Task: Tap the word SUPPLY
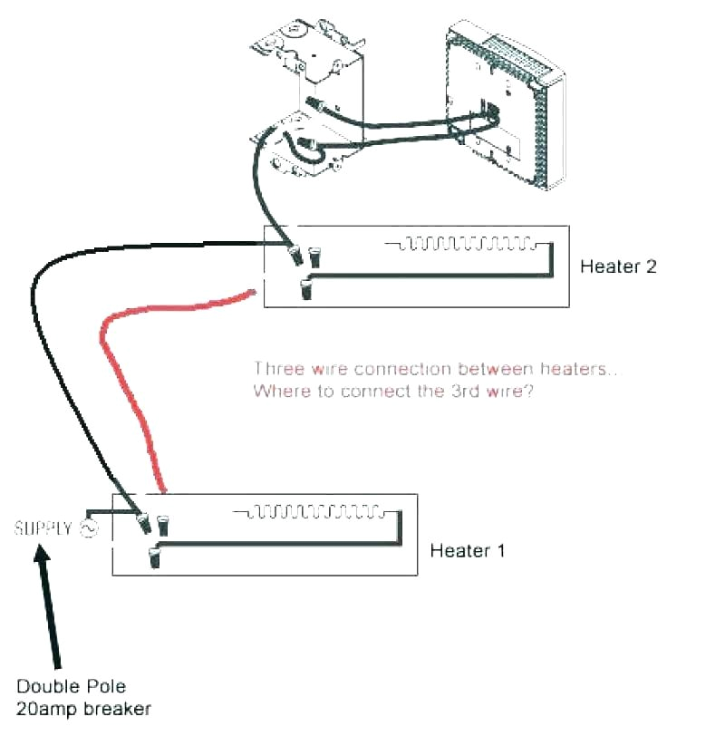(x=43, y=528)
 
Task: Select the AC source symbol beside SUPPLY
(x=89, y=528)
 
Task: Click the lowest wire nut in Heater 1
(x=153, y=557)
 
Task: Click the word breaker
(x=123, y=708)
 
